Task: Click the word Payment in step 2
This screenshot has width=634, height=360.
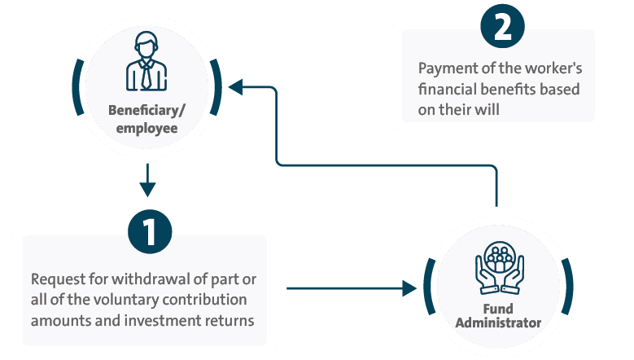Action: click(x=445, y=69)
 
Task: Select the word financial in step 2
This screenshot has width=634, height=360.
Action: click(x=453, y=90)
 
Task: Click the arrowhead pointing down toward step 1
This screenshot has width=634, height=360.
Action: click(x=146, y=191)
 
